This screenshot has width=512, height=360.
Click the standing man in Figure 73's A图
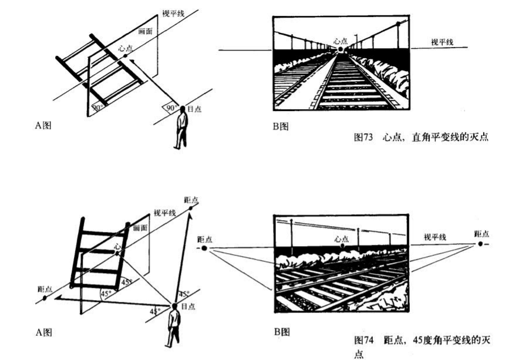pos(181,127)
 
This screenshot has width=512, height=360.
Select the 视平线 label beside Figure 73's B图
pos(443,42)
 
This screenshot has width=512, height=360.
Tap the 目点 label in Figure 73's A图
pos(196,108)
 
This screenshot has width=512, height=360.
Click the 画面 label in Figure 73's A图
pos(145,31)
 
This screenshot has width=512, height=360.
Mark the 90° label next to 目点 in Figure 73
pos(171,107)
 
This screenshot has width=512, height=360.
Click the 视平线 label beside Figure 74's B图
pos(435,237)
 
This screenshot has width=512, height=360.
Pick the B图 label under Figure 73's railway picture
pos(280,125)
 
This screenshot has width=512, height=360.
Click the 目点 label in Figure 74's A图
pos(188,306)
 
